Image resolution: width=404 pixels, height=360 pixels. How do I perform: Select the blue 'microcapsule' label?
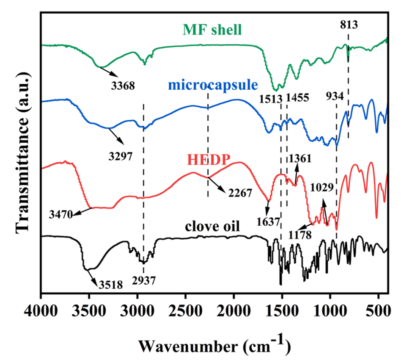213,84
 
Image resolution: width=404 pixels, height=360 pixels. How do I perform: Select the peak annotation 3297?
119,155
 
